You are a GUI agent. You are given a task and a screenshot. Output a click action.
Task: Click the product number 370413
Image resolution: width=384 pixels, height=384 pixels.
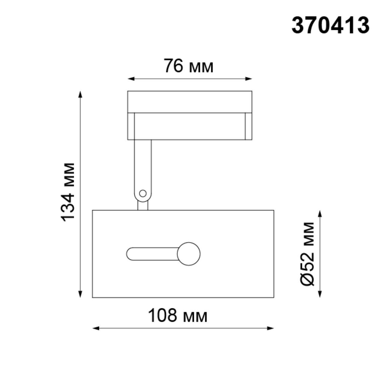[x=330, y=25]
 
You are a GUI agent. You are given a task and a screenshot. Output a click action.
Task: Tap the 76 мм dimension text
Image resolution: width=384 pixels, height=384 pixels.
[x=188, y=66]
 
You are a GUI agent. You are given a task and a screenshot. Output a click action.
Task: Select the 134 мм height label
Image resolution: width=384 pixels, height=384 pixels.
[x=68, y=192]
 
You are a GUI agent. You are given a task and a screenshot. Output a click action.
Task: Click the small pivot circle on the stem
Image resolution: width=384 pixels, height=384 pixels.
[x=143, y=193]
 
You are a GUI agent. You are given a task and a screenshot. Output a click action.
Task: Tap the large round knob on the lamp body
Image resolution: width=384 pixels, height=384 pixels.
[x=189, y=254]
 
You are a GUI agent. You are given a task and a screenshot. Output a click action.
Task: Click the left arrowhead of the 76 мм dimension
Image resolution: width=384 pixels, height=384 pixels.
[x=130, y=79]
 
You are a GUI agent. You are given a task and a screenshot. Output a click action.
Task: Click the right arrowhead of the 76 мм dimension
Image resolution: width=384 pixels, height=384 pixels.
[x=249, y=79]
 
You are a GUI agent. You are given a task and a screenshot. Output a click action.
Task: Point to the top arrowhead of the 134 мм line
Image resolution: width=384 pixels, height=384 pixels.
[x=80, y=94]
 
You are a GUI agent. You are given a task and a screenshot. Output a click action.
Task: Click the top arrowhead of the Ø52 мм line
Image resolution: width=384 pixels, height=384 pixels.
[x=320, y=213]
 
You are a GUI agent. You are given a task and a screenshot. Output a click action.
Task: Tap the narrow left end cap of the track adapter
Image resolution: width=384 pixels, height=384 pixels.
[x=131, y=126]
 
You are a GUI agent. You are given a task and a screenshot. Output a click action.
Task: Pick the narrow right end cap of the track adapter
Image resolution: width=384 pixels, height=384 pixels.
[x=248, y=126]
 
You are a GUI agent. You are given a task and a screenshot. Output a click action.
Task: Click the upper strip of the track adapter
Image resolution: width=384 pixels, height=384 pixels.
[x=190, y=102]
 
